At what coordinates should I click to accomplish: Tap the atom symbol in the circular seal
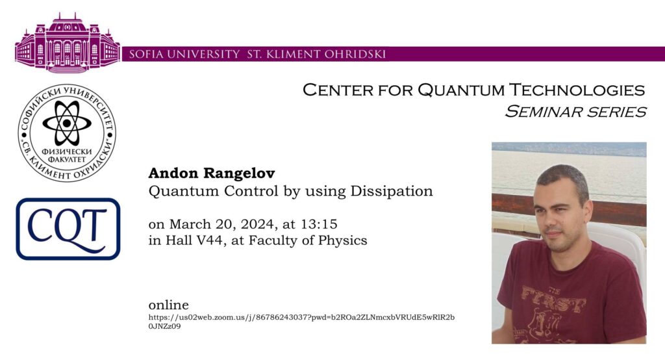(x=67, y=123)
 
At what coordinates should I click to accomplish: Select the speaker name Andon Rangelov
(x=212, y=174)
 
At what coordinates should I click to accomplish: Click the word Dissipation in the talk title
(x=392, y=192)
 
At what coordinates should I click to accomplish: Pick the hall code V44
(x=208, y=240)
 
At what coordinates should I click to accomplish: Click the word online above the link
(x=168, y=305)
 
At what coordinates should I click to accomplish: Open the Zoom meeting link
(x=301, y=322)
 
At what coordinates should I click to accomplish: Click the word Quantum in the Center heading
(x=461, y=90)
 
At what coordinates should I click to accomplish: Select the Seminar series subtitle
(x=575, y=112)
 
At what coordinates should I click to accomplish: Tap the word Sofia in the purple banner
(x=145, y=55)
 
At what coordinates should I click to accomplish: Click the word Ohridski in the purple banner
(x=355, y=55)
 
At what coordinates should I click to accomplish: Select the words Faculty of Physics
(x=308, y=240)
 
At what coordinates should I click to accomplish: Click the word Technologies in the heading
(x=577, y=90)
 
